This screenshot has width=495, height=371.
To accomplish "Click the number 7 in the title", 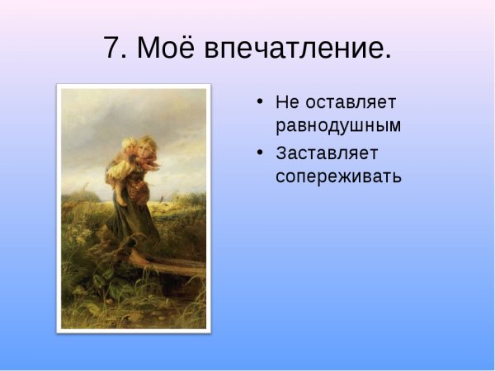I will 114,49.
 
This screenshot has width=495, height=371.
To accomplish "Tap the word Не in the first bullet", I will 288,103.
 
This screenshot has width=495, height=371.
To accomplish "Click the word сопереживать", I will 338,176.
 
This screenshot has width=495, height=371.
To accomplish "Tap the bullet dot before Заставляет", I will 260,153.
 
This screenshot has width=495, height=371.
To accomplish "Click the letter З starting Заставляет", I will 282,153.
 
